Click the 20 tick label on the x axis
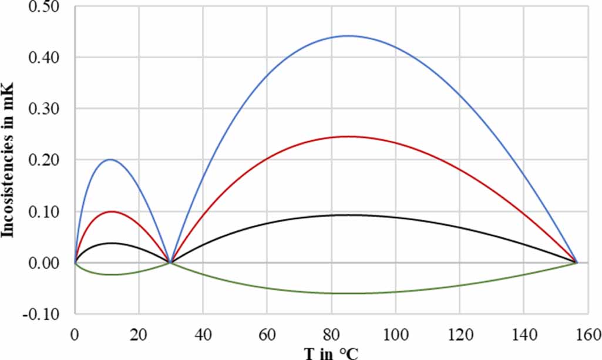click(x=139, y=334)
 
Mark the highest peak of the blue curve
click(x=348, y=36)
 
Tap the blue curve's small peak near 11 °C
click(x=110, y=159)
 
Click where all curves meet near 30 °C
click(x=170, y=263)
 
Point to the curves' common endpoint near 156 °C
click(x=577, y=263)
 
